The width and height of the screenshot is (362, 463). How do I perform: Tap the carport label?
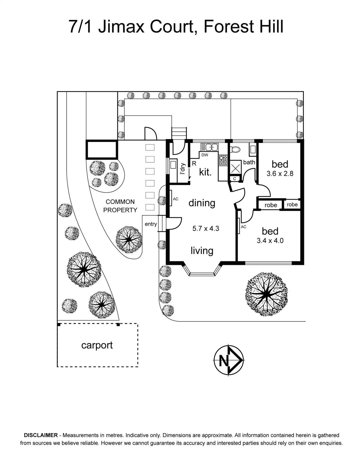pyautogui.click(x=97, y=346)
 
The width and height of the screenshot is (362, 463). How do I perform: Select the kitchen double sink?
pyautogui.click(x=209, y=147)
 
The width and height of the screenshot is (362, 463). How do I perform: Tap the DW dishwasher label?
pyautogui.click(x=204, y=155)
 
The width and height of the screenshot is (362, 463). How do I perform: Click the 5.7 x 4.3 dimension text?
pyautogui.click(x=206, y=229)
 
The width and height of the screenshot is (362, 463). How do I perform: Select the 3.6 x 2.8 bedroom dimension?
pyautogui.click(x=280, y=174)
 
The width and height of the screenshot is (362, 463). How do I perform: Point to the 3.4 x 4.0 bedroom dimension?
pyautogui.click(x=270, y=241)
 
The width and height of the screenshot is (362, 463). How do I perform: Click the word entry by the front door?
pyautogui.click(x=151, y=224)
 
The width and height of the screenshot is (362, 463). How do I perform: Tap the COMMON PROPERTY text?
pyautogui.click(x=120, y=206)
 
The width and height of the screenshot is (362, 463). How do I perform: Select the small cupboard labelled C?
pyautogui.click(x=234, y=179)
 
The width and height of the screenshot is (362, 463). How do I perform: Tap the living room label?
pyautogui.click(x=202, y=251)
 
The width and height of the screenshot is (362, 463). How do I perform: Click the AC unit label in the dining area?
pyautogui.click(x=175, y=199)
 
